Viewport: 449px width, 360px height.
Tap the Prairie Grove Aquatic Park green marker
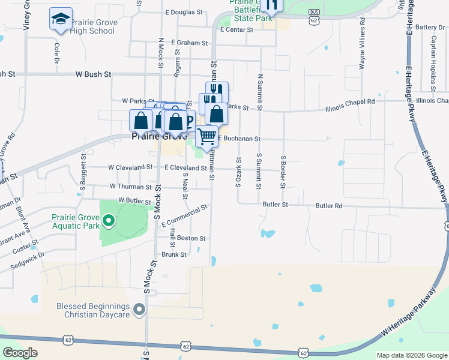[109, 222]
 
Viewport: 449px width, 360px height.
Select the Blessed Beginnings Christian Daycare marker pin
[139, 310]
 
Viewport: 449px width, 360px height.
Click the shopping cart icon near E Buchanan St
[207, 137]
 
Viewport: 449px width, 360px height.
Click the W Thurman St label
[130, 187]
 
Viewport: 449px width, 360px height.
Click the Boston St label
[191, 238]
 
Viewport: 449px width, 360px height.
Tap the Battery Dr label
[429, 27]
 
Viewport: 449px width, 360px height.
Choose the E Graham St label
[189, 43]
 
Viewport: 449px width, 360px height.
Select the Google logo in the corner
[20, 353]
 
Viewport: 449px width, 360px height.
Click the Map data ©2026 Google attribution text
[412, 355]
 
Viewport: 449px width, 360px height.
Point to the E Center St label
[237, 29]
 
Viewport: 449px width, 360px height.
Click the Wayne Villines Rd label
[363, 43]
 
